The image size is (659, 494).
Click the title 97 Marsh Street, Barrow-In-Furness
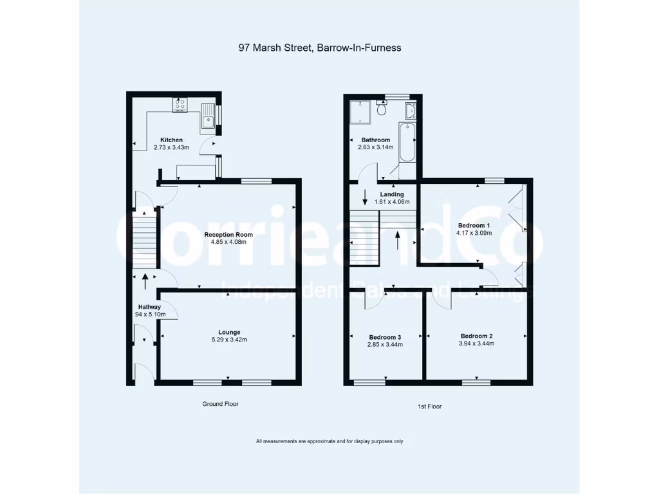coord(320,48)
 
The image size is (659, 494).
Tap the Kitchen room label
coord(171,140)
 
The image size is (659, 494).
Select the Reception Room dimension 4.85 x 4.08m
coord(228,242)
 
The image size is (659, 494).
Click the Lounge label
coord(228,332)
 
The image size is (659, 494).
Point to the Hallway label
coord(149,307)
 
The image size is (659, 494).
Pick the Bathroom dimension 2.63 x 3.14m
coord(376,147)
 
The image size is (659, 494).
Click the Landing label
coord(391,194)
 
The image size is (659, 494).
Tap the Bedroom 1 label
coord(474,225)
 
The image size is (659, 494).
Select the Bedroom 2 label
coord(476,336)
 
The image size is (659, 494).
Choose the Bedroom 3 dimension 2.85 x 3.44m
coord(385,344)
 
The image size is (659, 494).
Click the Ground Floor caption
coord(221,404)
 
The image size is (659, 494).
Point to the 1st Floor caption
coord(430,407)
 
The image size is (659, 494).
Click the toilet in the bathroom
coord(382,109)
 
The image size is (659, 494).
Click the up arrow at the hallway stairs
coord(144,280)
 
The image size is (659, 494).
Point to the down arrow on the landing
coord(365,197)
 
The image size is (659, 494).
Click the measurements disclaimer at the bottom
coord(329,441)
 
